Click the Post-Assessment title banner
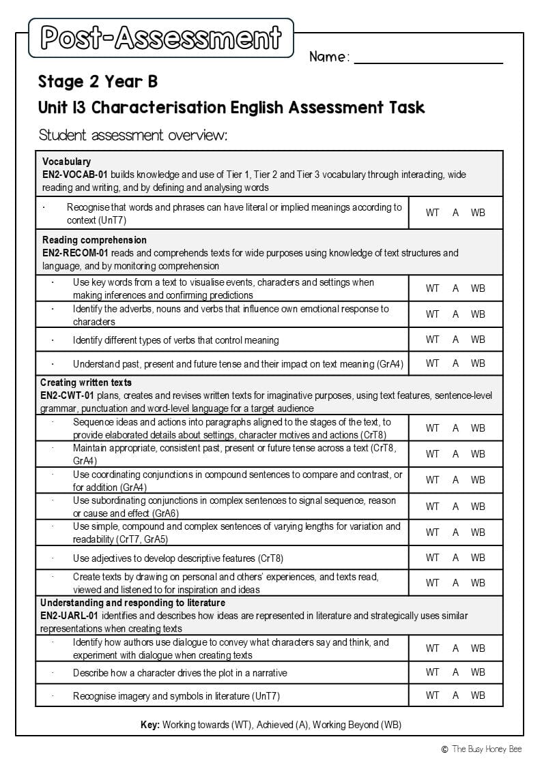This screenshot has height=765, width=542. click(x=161, y=38)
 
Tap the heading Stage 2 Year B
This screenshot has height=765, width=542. click(x=98, y=82)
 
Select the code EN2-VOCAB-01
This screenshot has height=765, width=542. click(x=74, y=175)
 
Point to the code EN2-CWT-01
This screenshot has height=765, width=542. click(x=68, y=395)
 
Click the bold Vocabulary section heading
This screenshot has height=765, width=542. click(x=66, y=162)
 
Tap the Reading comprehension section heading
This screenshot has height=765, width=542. click(x=94, y=240)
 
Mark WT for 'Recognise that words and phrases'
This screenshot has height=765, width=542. click(x=432, y=213)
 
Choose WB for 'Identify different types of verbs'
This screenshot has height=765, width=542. click(x=478, y=340)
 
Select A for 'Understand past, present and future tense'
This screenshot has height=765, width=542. click(x=455, y=363)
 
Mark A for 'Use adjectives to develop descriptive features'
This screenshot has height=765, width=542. click(x=455, y=558)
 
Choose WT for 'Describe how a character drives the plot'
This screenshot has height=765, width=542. click(x=432, y=672)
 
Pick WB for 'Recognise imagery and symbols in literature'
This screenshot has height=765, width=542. click(x=478, y=695)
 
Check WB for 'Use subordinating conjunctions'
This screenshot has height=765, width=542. click(x=478, y=507)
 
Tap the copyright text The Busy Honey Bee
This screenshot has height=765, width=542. click(x=485, y=749)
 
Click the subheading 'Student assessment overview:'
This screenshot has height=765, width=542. click(x=132, y=135)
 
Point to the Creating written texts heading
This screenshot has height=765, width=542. click(x=86, y=382)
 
